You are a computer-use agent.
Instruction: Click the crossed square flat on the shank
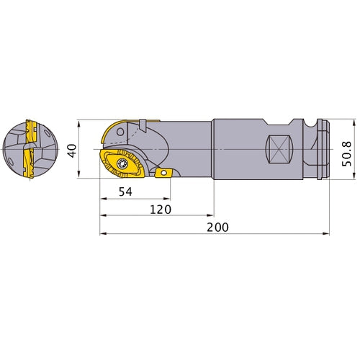pos(280,149)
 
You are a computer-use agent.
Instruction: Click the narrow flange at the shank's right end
pos(324,149)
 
